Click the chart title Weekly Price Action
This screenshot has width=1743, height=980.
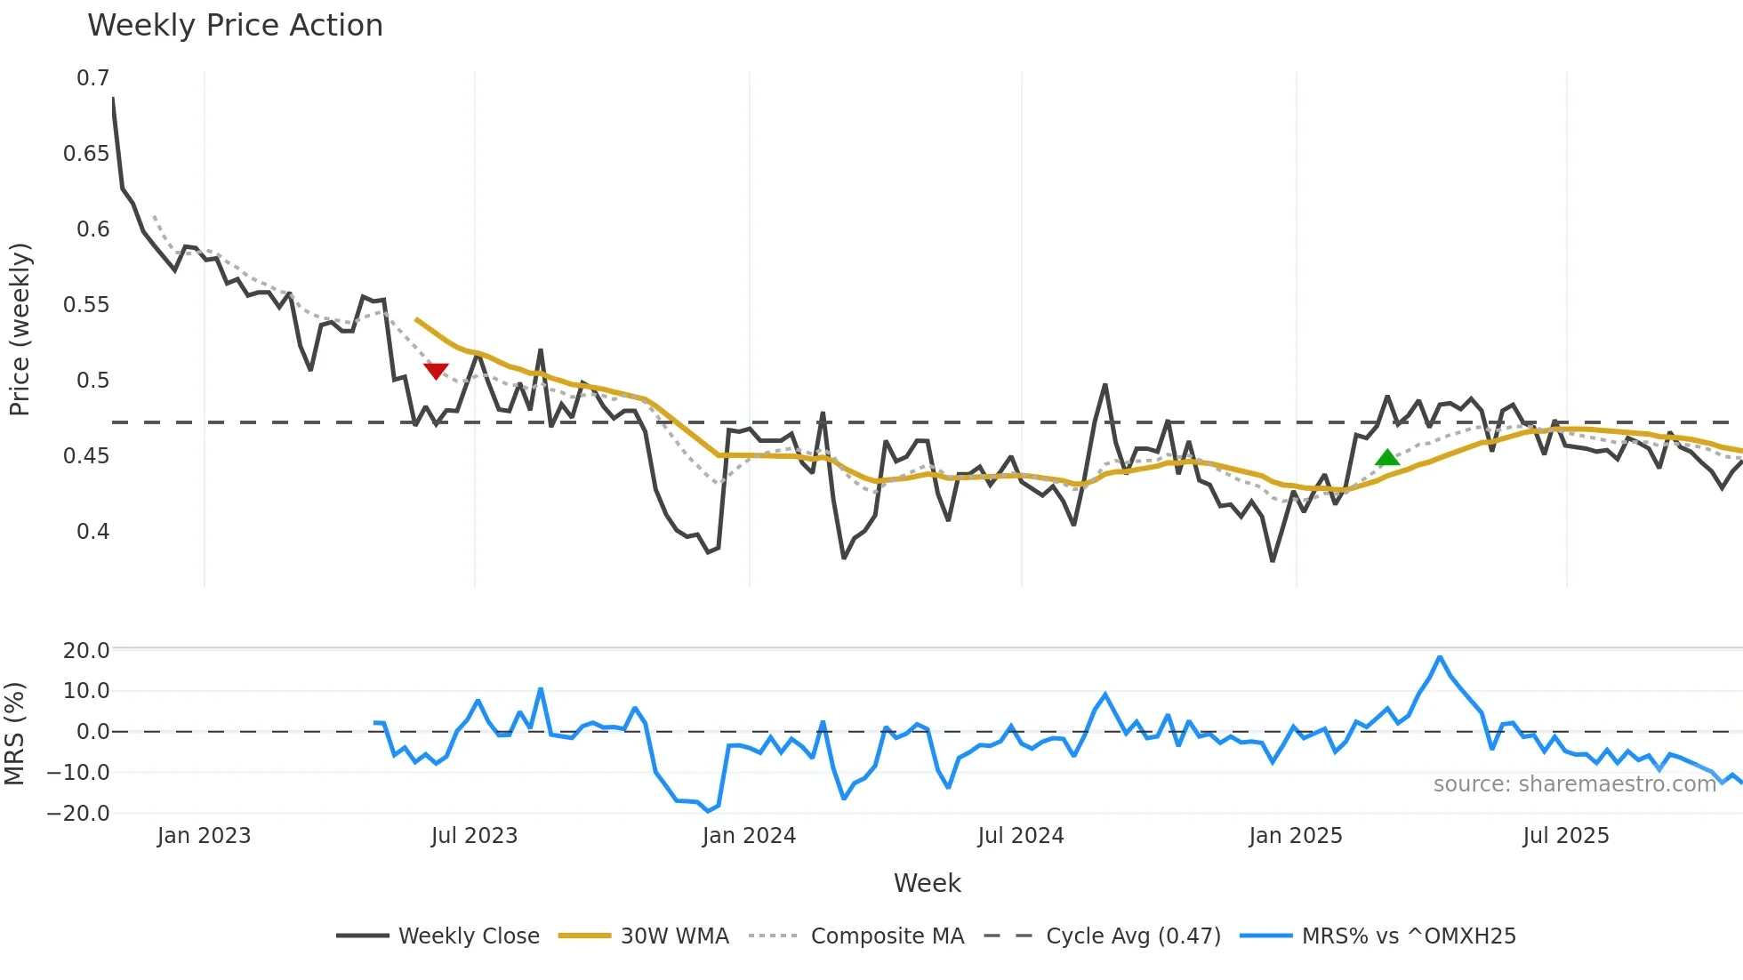point(235,26)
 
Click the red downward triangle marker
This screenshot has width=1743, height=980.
point(436,371)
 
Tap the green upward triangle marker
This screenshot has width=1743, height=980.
point(1387,458)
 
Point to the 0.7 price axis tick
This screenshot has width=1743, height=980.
point(92,78)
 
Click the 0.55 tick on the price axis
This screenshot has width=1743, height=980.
point(86,305)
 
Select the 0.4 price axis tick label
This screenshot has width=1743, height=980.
point(92,532)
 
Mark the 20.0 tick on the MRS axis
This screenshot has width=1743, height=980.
point(86,650)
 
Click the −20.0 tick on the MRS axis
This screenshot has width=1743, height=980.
point(79,813)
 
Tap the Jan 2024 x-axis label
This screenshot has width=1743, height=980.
point(749,836)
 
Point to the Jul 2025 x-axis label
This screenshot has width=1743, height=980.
point(1566,836)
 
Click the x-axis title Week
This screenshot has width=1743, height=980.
point(927,883)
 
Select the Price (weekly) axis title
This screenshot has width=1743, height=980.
point(20,329)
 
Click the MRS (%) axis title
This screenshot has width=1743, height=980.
point(14,734)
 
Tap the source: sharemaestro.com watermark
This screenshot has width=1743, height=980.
point(1574,784)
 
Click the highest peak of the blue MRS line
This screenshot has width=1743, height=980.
point(1440,657)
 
